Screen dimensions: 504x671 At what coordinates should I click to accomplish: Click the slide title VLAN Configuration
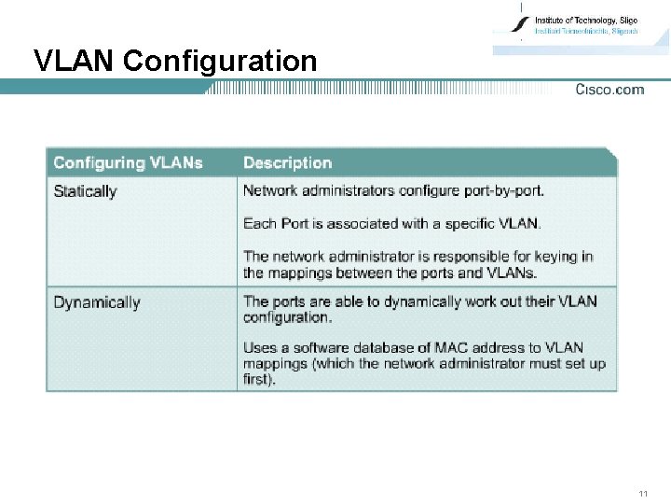coord(175,62)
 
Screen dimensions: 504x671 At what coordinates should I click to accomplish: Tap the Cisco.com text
coord(609,90)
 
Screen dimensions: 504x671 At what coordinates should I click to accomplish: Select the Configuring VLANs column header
coord(128,162)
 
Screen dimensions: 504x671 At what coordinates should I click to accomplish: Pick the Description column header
coord(287,162)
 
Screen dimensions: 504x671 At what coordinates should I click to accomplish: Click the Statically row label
coord(85,191)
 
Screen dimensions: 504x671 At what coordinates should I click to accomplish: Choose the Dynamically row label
coord(97,302)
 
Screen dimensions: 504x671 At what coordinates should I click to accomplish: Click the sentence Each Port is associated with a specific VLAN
coord(391,223)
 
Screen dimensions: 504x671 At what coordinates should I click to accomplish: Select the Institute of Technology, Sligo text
coord(585,20)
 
